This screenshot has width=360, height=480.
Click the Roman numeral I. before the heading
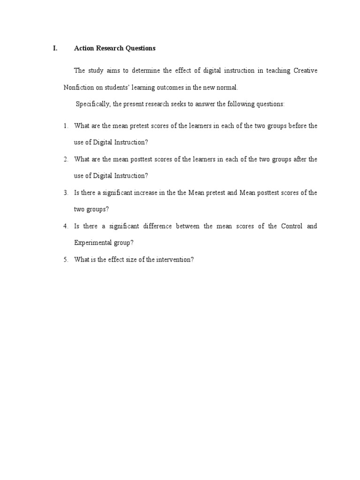(55, 48)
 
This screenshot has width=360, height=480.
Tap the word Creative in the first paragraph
(305, 71)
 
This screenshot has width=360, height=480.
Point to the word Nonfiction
(79, 88)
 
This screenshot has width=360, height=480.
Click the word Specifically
(93, 104)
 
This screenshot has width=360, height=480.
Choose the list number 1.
(66, 126)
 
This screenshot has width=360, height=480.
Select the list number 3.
(66, 193)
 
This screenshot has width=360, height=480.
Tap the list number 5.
(66, 260)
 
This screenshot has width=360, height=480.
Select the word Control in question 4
(292, 226)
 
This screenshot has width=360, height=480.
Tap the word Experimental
(92, 243)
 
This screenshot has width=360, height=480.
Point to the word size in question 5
(131, 260)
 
